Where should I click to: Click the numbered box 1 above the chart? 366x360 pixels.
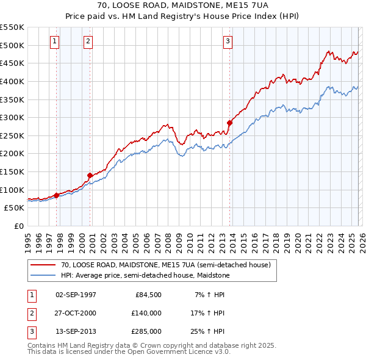(55, 41)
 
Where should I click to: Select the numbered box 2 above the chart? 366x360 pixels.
(88, 41)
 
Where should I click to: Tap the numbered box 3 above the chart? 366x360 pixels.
(228, 41)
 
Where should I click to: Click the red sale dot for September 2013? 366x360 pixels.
(230, 123)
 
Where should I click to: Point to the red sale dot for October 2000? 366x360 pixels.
(90, 175)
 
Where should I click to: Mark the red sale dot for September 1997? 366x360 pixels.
(56, 195)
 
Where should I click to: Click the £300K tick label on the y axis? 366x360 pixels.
(12, 117)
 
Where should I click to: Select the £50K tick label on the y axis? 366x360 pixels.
(15, 208)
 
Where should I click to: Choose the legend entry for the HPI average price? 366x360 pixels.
(145, 276)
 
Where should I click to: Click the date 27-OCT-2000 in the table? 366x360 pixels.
(76, 313)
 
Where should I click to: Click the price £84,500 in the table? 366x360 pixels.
(148, 295)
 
